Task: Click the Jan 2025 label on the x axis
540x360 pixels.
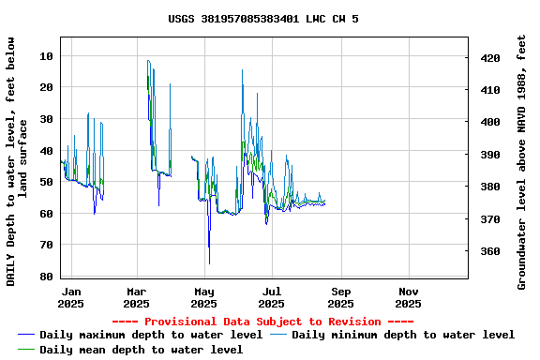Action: (x=70, y=297)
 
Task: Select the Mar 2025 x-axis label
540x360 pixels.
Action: (x=137, y=297)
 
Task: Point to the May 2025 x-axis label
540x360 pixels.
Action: (x=203, y=297)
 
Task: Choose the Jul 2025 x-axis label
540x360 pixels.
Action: (x=271, y=297)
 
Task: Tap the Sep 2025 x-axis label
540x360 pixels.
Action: (x=340, y=297)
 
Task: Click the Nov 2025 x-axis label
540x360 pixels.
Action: (x=408, y=297)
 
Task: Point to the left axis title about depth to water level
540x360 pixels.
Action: (x=16, y=161)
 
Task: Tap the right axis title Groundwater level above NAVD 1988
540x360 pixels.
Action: (x=522, y=161)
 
